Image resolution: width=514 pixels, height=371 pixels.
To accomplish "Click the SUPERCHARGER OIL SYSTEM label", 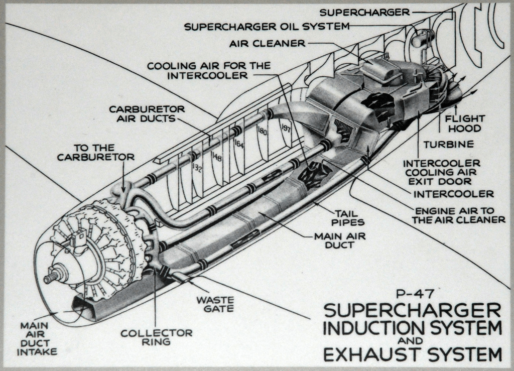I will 267,27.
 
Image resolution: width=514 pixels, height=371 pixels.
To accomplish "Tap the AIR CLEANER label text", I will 268,44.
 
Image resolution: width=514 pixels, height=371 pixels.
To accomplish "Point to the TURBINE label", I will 448,145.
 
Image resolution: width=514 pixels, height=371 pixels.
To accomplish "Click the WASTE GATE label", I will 215,304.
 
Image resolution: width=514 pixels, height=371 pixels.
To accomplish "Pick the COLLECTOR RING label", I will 156,337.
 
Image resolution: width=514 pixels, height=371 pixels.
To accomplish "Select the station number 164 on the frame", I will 239,145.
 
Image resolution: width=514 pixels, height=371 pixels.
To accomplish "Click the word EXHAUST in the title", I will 369,354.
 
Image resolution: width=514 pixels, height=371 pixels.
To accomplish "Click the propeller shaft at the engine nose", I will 49,277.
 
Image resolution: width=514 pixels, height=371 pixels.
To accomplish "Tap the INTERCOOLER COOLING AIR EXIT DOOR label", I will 442,172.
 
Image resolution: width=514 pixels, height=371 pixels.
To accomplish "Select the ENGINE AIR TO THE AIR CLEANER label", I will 458,215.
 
